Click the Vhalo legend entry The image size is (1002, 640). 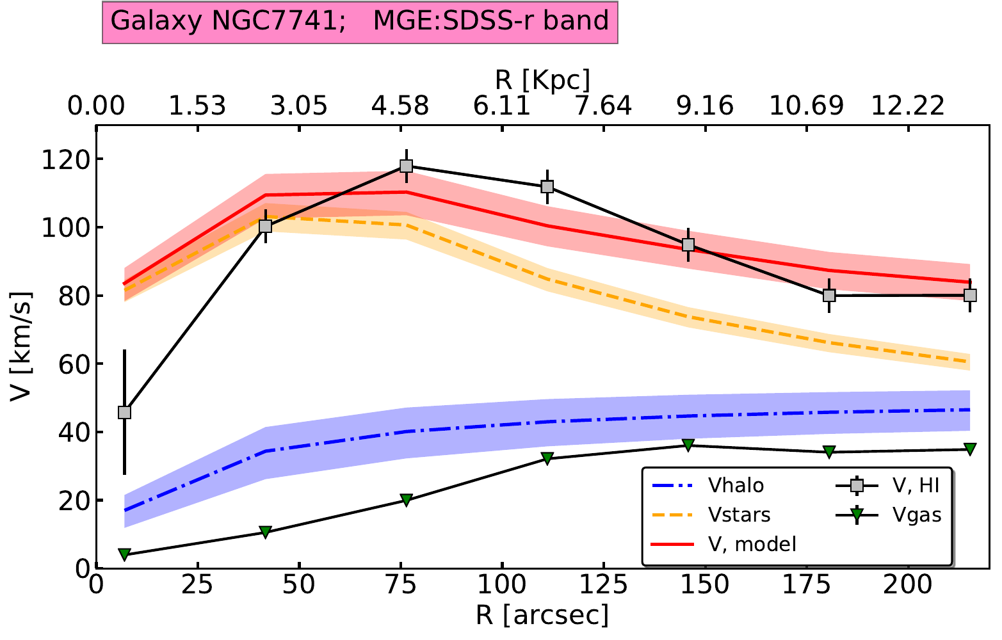point(736,486)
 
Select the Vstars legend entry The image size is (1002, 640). point(739,515)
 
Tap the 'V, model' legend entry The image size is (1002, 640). point(752,544)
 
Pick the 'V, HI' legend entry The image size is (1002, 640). point(916,486)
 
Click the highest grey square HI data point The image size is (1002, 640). point(406,166)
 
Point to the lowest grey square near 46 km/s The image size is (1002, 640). point(125,412)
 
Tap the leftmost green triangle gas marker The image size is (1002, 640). point(125,554)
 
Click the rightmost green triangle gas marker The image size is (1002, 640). point(970,449)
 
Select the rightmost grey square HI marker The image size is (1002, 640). point(970,295)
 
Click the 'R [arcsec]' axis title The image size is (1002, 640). point(542,616)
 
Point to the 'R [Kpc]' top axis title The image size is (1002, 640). point(542,80)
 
